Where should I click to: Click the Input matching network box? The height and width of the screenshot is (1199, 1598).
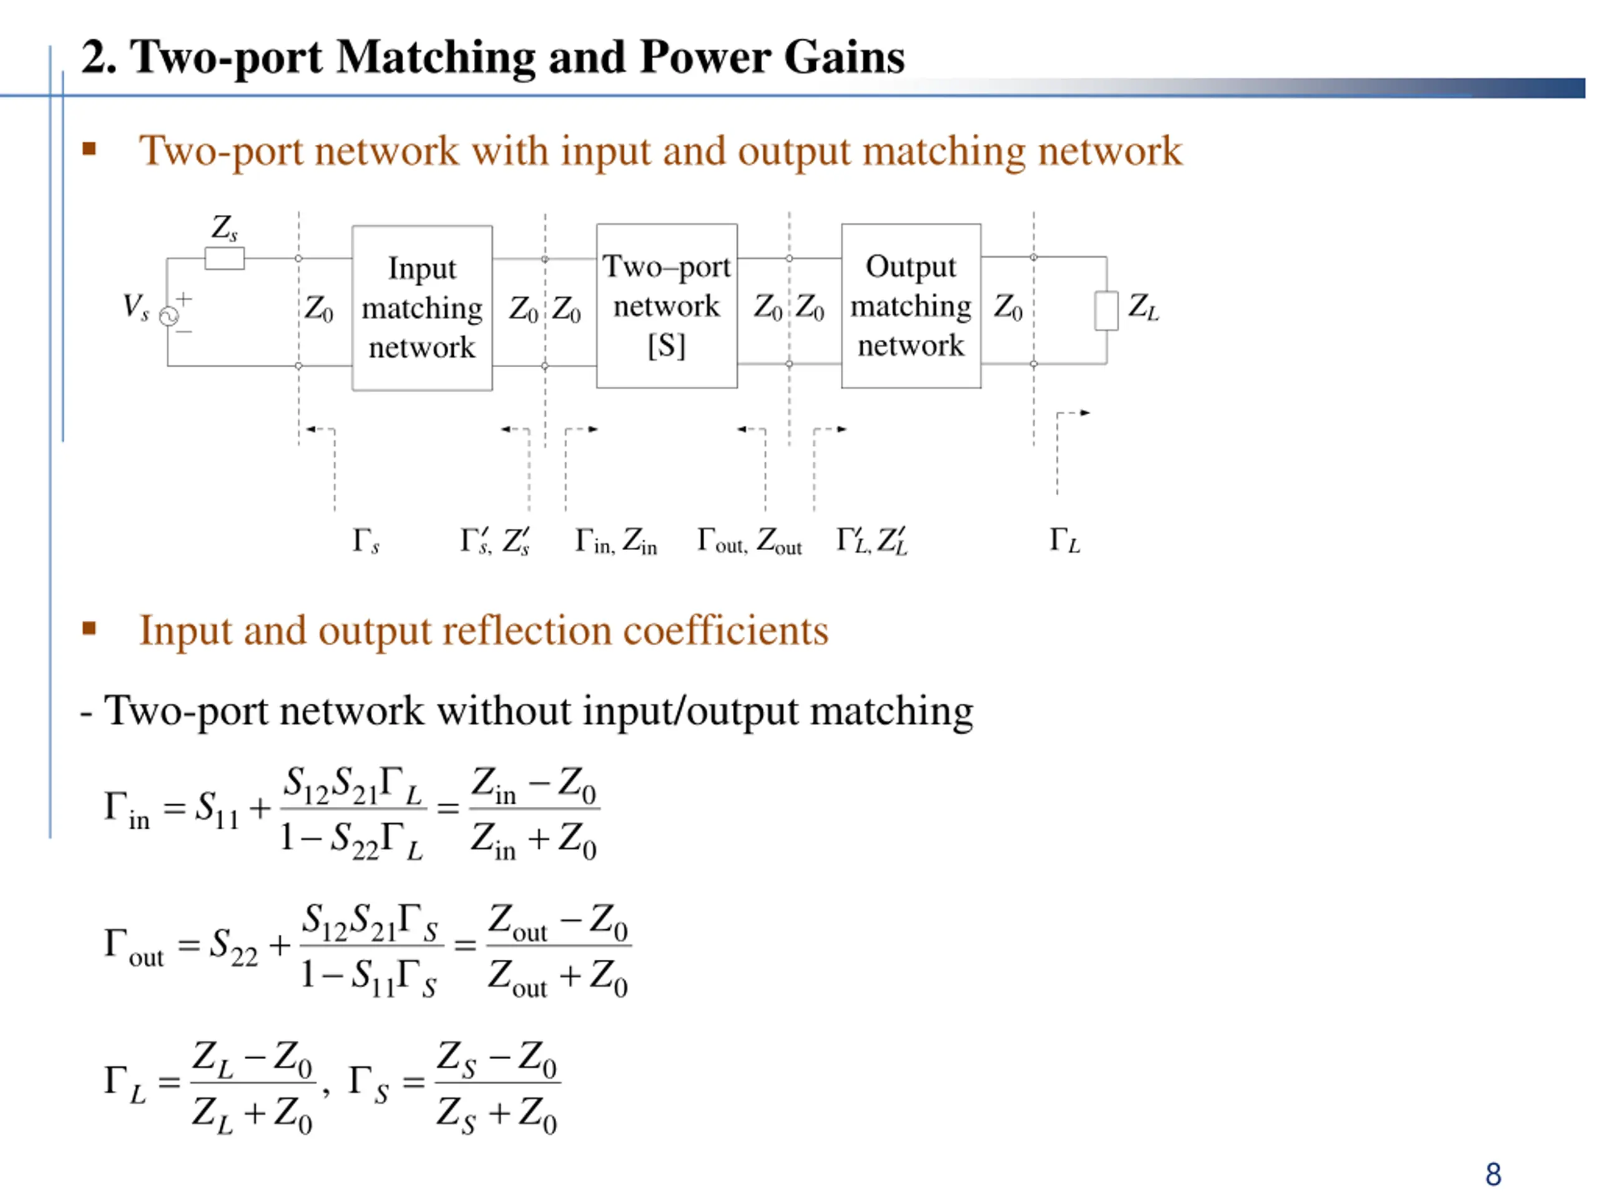[x=422, y=308]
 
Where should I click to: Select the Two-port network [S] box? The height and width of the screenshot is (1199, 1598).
[x=666, y=306]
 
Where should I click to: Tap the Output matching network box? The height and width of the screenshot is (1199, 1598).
[x=910, y=306]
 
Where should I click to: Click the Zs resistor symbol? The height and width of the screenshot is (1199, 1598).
[x=225, y=258]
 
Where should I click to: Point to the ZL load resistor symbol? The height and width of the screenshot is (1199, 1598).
[x=1105, y=311]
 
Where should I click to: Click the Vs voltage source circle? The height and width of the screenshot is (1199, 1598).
[x=169, y=316]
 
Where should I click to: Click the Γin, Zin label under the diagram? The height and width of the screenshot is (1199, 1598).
[x=615, y=541]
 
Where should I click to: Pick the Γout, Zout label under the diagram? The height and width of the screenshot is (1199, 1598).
[x=749, y=541]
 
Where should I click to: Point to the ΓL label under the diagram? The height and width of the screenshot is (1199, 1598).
[x=1064, y=541]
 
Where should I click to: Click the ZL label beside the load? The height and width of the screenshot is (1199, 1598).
[x=1143, y=307]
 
